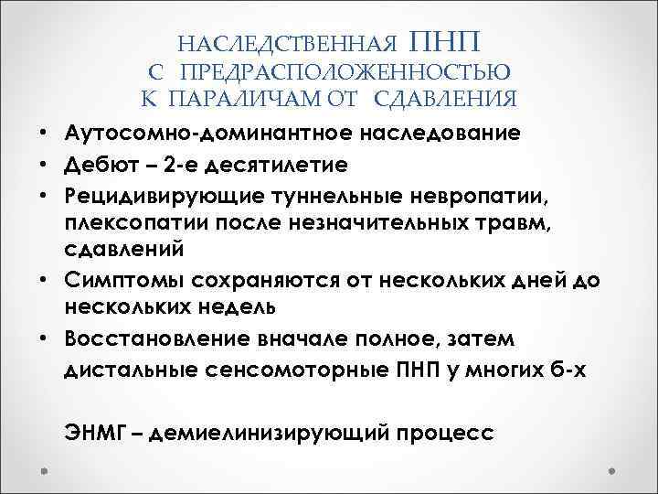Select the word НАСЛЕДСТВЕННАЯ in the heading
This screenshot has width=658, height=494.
(x=287, y=45)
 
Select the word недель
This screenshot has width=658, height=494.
(x=260, y=306)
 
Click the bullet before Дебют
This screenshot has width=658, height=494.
(x=45, y=166)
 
